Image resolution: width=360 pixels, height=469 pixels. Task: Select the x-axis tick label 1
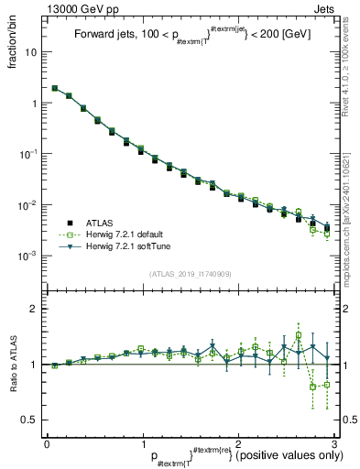pos(143,443)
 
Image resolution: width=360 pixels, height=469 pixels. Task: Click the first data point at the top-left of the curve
pos(55,88)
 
